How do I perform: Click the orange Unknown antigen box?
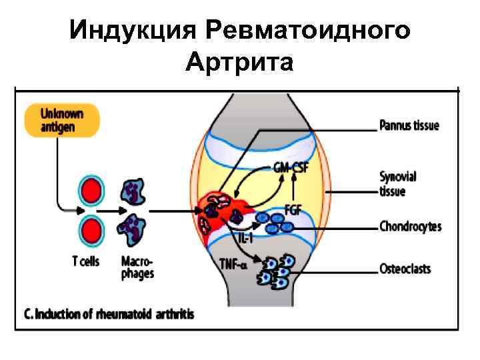click(62, 119)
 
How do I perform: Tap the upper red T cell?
click(92, 192)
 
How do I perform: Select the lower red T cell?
click(92, 231)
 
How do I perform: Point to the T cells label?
click(86, 261)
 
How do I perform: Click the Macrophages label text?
click(137, 267)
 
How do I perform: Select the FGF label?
click(292, 209)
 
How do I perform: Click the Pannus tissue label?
click(409, 125)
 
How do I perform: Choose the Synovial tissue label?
click(397, 183)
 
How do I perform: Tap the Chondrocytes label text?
click(410, 227)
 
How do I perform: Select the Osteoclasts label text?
click(405, 269)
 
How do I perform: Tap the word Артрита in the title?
click(240, 63)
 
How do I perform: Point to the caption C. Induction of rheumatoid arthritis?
click(109, 313)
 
